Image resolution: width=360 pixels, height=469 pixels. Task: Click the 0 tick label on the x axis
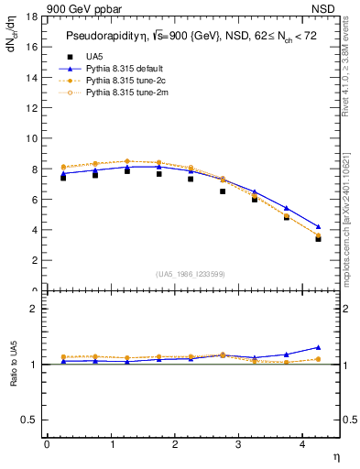click(46, 444)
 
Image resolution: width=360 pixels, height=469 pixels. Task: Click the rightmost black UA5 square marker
click(318, 238)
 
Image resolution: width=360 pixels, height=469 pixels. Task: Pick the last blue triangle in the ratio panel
click(318, 347)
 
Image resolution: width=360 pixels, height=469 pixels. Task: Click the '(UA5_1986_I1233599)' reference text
click(191, 274)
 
